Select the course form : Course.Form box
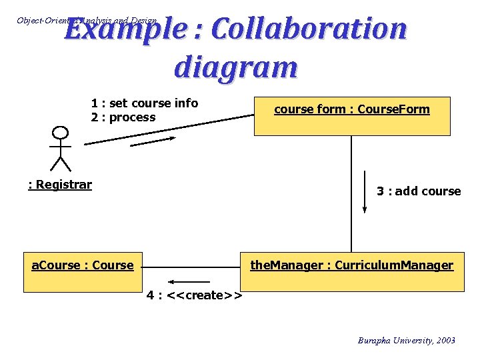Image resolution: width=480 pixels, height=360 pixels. tap(352, 116)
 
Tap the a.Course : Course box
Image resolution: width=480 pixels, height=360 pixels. tap(83, 271)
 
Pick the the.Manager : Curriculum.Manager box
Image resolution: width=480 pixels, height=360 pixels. tap(351, 271)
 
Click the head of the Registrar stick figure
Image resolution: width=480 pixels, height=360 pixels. tap(61, 133)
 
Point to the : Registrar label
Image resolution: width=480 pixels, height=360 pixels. tap(60, 185)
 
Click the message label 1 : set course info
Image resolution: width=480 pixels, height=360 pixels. tap(145, 103)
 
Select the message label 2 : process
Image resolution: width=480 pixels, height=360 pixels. tap(123, 117)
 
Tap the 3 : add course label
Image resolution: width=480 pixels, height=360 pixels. tap(419, 191)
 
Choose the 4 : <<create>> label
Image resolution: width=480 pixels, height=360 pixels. tap(194, 295)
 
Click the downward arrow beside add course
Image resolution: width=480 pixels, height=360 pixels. tap(365, 192)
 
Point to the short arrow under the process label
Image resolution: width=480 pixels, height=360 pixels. tap(153, 141)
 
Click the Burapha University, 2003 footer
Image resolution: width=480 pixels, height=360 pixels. tap(407, 341)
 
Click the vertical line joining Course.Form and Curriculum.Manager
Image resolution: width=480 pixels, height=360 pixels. tap(351, 193)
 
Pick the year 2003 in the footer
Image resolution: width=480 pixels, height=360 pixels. tap(444, 341)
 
